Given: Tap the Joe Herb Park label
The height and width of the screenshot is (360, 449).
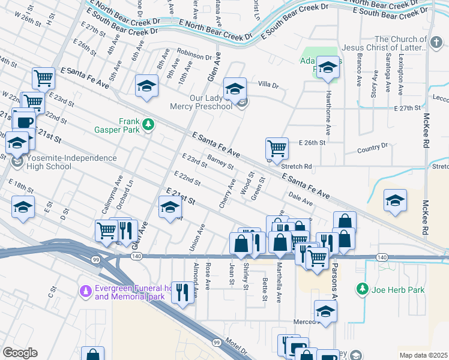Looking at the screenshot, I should click(x=399, y=290).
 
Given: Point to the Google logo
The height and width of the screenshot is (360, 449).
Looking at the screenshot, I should click(x=20, y=353).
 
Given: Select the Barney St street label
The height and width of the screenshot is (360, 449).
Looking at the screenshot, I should click(x=220, y=161).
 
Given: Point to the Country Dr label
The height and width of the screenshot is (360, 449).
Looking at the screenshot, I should click(x=372, y=148).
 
